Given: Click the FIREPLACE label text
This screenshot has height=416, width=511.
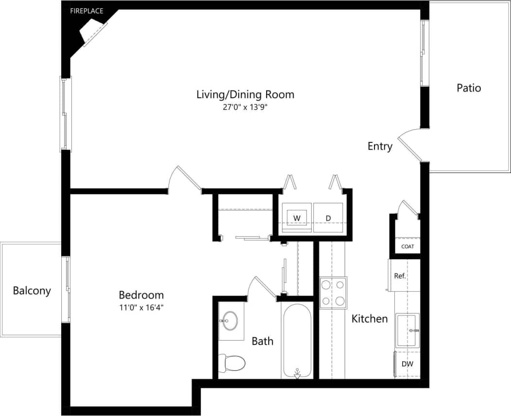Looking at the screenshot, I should (x=87, y=11).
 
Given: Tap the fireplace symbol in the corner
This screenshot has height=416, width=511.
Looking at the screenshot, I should (x=93, y=33).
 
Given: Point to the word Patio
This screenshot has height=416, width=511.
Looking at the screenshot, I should (x=469, y=88).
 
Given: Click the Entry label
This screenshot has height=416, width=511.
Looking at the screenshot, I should (x=380, y=146).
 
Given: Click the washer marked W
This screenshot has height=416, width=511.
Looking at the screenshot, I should (x=296, y=218).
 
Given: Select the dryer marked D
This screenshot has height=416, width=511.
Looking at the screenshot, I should (x=328, y=218).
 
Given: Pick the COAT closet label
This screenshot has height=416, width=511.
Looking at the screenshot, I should (x=408, y=247).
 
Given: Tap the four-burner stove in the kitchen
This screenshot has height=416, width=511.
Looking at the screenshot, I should (x=333, y=293).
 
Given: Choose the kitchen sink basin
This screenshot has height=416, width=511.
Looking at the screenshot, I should (x=407, y=330).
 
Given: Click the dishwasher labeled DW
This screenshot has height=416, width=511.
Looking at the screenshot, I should (x=407, y=364).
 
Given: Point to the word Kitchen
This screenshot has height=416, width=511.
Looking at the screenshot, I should (x=370, y=319).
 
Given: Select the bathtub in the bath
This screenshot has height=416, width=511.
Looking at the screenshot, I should (x=296, y=340).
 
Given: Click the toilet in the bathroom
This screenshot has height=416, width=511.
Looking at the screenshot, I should (x=232, y=362).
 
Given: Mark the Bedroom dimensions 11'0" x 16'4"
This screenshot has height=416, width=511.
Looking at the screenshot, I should (x=141, y=307).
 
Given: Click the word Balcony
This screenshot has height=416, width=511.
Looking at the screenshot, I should (x=32, y=291).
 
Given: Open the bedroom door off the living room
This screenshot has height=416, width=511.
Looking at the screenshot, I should (x=185, y=180).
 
